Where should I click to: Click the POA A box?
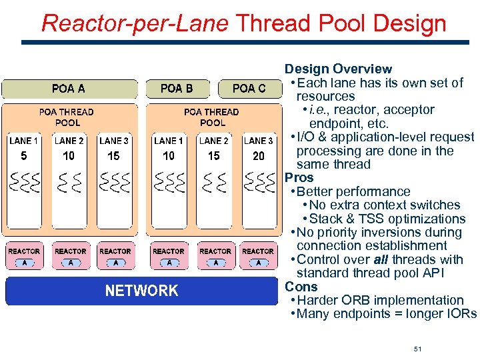[69, 89]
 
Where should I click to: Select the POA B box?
[177, 89]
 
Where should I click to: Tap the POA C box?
[249, 89]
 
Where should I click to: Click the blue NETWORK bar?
[141, 291]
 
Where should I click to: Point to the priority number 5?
[24, 156]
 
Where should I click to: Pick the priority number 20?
[259, 156]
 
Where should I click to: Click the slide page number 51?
[418, 331]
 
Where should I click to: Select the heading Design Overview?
[338, 69]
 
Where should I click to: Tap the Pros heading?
[299, 178]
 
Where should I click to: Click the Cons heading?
[301, 287]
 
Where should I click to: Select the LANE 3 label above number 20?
[259, 141]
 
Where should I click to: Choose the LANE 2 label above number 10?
[69, 141]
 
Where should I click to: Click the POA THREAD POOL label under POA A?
[67, 117]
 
